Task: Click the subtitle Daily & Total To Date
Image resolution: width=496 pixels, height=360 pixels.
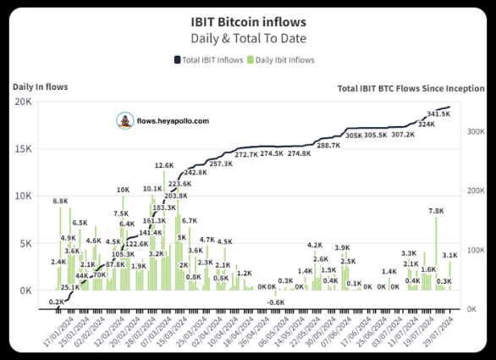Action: pyautogui.click(x=248, y=39)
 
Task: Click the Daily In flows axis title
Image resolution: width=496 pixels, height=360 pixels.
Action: pyautogui.click(x=40, y=86)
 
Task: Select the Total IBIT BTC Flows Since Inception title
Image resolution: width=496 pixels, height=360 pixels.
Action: pyautogui.click(x=411, y=88)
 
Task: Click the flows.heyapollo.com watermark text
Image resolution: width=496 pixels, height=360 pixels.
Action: pyautogui.click(x=174, y=121)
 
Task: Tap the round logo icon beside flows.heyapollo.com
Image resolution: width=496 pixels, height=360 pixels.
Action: pyautogui.click(x=125, y=121)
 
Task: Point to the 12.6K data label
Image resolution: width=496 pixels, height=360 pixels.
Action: pyautogui.click(x=164, y=165)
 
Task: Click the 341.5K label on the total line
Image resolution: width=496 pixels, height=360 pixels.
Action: pyautogui.click(x=438, y=114)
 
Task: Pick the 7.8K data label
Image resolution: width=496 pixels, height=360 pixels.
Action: pyautogui.click(x=437, y=211)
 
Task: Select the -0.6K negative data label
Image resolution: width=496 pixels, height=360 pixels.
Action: pyautogui.click(x=276, y=302)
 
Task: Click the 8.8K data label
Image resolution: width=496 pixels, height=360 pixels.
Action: pyautogui.click(x=60, y=201)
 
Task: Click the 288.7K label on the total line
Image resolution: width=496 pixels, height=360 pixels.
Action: pyautogui.click(x=328, y=146)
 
